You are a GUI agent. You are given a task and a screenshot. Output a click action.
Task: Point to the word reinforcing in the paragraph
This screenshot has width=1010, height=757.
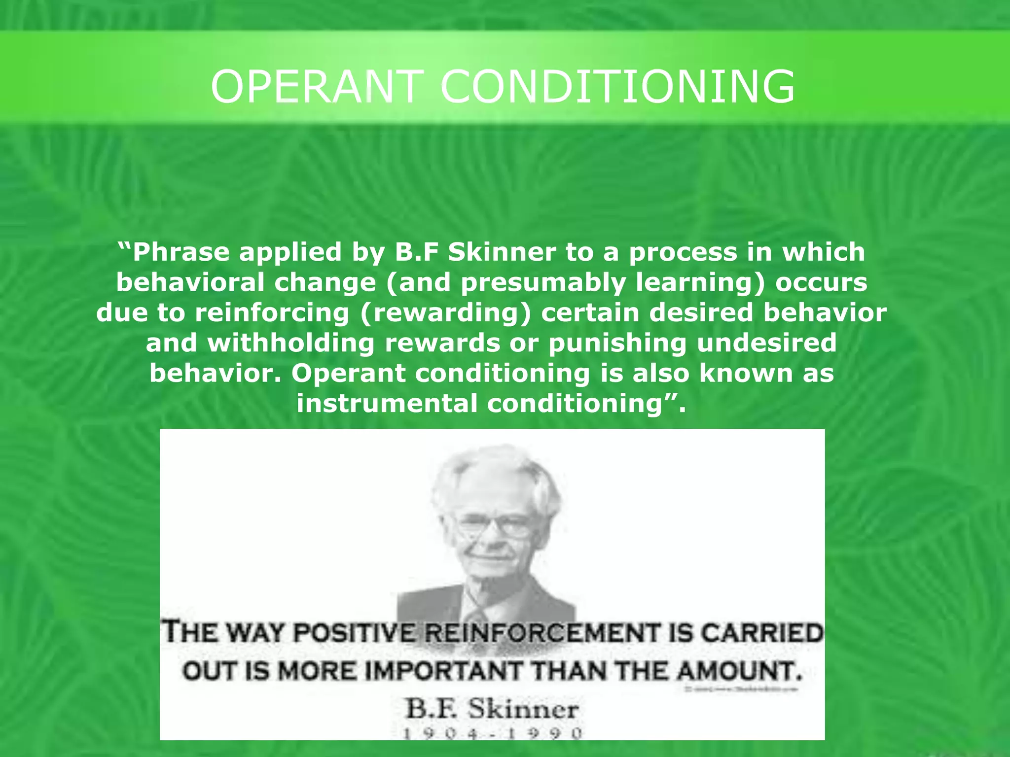[272, 313]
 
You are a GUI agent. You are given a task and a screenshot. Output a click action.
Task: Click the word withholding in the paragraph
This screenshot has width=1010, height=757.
[291, 343]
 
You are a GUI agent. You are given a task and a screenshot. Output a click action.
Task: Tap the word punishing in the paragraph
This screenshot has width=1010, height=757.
[617, 343]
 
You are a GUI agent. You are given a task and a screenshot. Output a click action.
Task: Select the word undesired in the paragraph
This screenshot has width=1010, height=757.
[767, 343]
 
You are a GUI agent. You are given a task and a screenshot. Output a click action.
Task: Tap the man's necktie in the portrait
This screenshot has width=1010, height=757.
[477, 614]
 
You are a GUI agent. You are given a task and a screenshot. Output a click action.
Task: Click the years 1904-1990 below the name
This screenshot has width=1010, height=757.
[493, 733]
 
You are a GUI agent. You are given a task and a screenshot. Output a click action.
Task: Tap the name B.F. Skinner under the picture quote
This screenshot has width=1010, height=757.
[492, 710]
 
